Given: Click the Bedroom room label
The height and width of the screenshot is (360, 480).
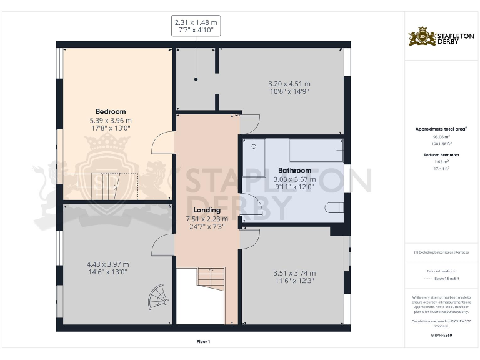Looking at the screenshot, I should (x=111, y=112).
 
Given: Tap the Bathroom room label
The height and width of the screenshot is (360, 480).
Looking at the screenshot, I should (x=294, y=170).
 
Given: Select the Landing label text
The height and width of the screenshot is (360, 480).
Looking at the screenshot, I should (x=207, y=210).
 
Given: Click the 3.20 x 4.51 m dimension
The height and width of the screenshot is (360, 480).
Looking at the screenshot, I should (x=289, y=84).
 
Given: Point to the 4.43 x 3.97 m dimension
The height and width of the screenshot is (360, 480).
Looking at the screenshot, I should (x=107, y=264).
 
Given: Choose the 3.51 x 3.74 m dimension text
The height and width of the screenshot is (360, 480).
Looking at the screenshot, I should (x=294, y=273).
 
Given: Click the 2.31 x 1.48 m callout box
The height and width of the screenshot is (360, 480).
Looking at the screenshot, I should (x=196, y=26).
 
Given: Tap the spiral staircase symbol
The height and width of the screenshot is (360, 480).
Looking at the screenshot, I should (x=159, y=296).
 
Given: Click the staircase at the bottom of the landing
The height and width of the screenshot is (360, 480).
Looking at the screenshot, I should (x=211, y=281).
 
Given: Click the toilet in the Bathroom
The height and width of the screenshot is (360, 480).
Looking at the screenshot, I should (x=334, y=209).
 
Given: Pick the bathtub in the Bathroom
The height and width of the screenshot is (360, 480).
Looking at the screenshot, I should (x=316, y=151).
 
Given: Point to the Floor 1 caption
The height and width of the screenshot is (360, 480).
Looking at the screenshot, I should (x=203, y=341).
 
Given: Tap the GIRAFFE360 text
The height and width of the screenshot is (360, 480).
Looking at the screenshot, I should (x=441, y=336).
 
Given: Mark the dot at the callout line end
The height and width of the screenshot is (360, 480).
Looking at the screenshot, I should (x=196, y=79).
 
